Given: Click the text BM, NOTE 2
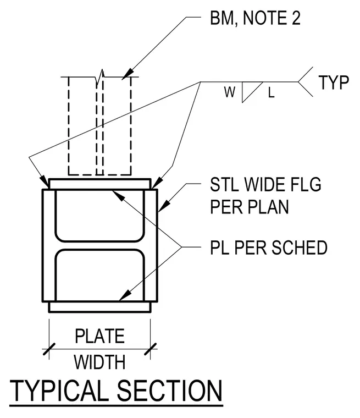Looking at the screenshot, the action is pos(255,18).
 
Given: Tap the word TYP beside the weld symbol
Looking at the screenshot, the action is pos(334,82).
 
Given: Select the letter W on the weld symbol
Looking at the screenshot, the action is pos(230,92).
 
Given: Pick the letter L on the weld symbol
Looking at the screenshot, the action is pos(271,93).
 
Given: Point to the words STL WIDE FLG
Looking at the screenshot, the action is pos(265,184).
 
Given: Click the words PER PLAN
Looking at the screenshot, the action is pos(250,207).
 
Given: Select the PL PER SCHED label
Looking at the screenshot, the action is pos(269,248).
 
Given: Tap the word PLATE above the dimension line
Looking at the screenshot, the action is pos(99,336).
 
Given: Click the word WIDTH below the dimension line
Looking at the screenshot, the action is pos(99,362).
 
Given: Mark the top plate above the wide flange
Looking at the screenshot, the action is pos(99,184).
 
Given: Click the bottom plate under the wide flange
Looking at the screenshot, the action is pos(99,307).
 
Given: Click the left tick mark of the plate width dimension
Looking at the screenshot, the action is pos(49,349).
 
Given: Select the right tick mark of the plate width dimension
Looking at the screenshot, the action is pos(151,349).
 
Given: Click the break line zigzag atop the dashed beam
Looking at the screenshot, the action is pos(100,78).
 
